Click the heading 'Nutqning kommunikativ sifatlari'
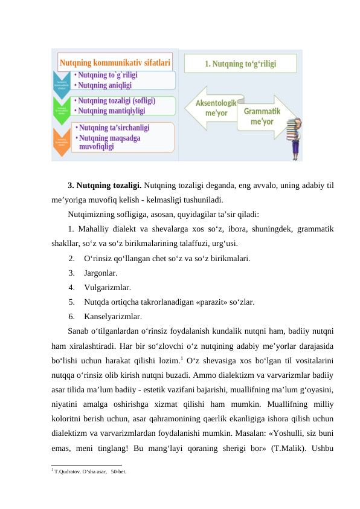pos(114,62)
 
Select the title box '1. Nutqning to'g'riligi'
pos(240,63)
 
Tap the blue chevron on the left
pos(62,83)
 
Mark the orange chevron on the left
pos(62,140)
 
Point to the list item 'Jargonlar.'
pos(97,273)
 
